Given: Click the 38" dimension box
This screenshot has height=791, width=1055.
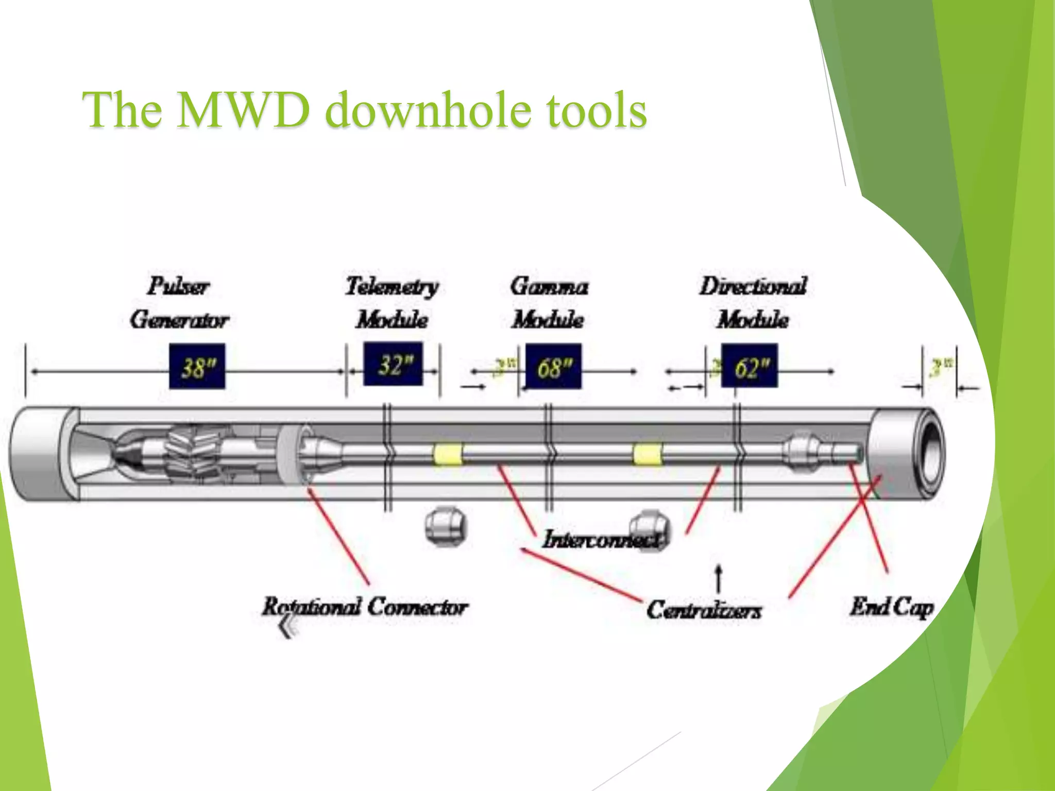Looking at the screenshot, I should (x=197, y=367).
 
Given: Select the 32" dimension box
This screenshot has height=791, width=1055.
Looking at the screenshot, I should (x=393, y=364).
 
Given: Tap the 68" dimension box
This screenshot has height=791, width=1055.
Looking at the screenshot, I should (x=553, y=367).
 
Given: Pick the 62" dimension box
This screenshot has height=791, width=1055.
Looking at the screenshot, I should (x=750, y=367).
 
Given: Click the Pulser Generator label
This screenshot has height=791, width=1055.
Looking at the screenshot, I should (x=179, y=303).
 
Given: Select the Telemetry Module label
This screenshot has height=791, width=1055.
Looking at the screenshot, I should (x=393, y=303).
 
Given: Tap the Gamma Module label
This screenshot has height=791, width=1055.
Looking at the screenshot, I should (x=549, y=303).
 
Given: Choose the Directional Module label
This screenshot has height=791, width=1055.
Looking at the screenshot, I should (x=753, y=303).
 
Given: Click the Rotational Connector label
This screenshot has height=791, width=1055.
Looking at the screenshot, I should (x=365, y=607).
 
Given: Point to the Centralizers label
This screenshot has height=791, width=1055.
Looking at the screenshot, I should (x=704, y=610).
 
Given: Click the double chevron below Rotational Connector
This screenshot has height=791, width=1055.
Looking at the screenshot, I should (x=287, y=627).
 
